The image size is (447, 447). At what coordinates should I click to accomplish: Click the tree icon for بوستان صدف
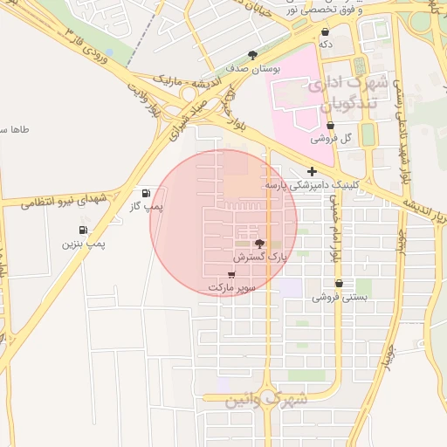click(253, 54)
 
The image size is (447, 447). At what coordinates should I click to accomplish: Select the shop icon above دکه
click(325, 31)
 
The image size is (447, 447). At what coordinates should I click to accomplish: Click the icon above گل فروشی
click(330, 126)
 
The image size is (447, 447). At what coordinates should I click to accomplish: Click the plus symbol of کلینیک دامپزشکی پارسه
click(312, 172)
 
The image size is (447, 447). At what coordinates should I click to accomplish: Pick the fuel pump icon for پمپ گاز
click(144, 193)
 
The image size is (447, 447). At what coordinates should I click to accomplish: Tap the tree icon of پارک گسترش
click(259, 244)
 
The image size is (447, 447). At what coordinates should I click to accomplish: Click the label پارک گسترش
click(259, 258)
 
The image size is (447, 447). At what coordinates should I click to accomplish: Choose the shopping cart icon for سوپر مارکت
click(231, 274)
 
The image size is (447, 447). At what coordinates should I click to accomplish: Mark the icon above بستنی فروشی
click(339, 284)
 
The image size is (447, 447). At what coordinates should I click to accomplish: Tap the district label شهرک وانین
click(257, 400)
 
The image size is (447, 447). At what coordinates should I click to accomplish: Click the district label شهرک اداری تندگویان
click(333, 95)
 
